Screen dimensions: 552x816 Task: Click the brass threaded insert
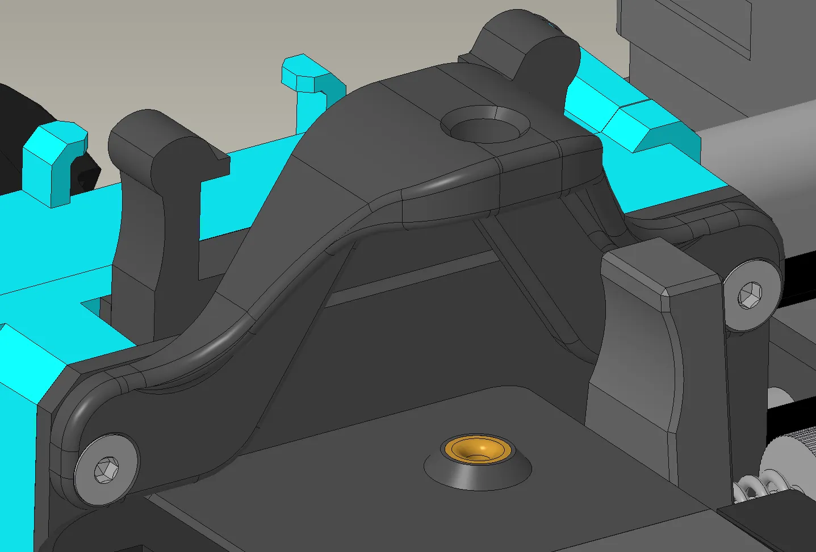pos(477,449)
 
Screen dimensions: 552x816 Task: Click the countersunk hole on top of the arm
pos(484,126)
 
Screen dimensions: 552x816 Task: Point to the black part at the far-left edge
pos(23,114)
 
